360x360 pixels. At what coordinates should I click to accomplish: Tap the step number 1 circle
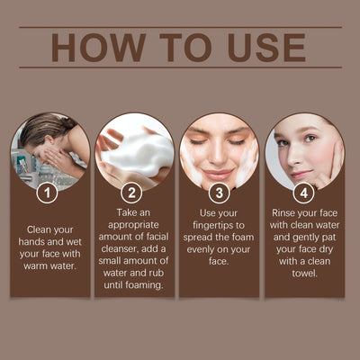coord(47,193)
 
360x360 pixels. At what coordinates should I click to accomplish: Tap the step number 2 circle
coord(132,193)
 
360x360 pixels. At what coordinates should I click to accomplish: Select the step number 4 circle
coord(304,193)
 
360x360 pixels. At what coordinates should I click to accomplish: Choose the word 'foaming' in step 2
coord(145,286)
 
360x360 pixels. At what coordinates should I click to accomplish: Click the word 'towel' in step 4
coord(304,274)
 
